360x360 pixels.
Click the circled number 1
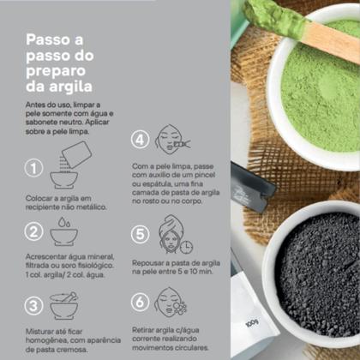tap(35, 169)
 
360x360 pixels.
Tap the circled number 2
tap(35, 231)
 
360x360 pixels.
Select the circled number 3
tap(35, 306)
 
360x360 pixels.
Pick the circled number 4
tap(141, 139)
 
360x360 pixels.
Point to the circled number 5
tap(141, 235)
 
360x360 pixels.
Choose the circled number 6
tap(141, 303)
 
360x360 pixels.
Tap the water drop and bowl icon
tap(63, 231)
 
